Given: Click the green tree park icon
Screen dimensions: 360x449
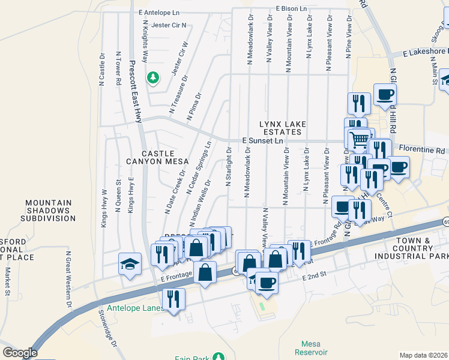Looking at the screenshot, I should [x=153, y=77].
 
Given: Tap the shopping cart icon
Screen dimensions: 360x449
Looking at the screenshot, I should [x=359, y=139].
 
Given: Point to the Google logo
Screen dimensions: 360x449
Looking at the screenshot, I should [x=20, y=353].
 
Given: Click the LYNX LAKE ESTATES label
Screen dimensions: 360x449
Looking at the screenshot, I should [x=283, y=128].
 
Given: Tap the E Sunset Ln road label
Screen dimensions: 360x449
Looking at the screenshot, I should [x=262, y=140].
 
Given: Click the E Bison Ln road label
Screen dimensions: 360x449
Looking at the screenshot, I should [x=292, y=9].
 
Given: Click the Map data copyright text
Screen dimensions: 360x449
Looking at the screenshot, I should [x=423, y=355].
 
